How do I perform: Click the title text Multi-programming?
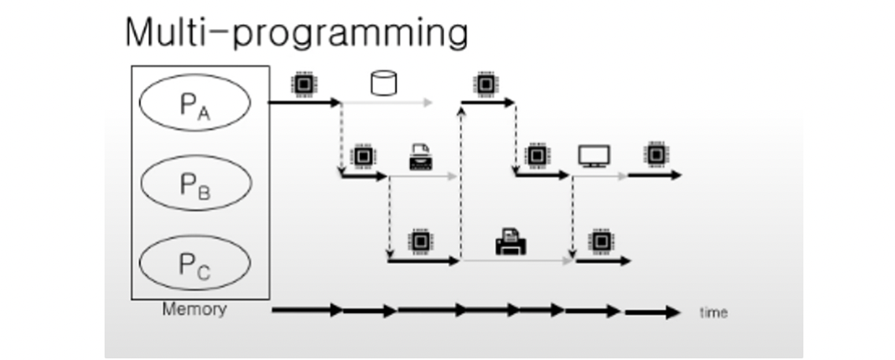[296, 32]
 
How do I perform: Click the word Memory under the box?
[194, 309]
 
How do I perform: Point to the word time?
[713, 312]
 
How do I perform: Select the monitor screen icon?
[594, 156]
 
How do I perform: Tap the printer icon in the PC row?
[511, 242]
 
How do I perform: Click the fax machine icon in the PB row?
[421, 156]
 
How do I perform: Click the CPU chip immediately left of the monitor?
[536, 155]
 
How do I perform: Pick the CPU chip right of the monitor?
[654, 154]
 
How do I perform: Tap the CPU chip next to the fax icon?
[362, 156]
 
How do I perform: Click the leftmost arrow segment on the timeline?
[306, 311]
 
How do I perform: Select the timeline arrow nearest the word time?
[653, 312]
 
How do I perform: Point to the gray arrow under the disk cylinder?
[388, 104]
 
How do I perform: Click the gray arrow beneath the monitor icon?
[600, 175]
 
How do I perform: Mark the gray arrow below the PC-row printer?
[516, 261]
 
